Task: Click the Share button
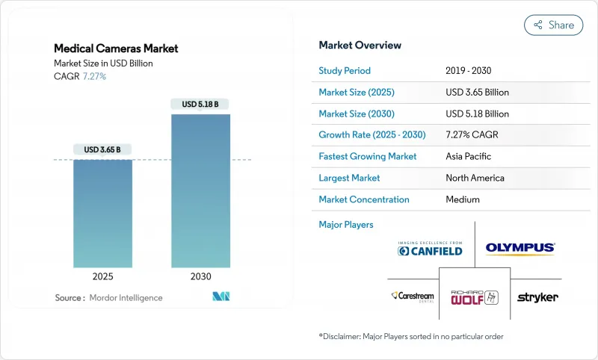click(x=553, y=25)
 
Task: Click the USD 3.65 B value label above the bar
click(x=102, y=149)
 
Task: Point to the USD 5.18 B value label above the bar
click(x=200, y=104)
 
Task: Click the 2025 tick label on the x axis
click(x=102, y=276)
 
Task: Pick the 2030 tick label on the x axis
click(x=200, y=276)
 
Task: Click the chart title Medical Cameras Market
click(x=116, y=49)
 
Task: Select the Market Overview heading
click(x=360, y=45)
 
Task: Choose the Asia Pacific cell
click(x=469, y=157)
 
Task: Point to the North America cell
click(x=474, y=178)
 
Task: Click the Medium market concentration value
click(x=462, y=199)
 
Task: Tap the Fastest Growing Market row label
click(x=367, y=157)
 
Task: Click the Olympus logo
click(x=520, y=248)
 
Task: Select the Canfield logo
click(x=430, y=249)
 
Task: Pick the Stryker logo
click(x=537, y=297)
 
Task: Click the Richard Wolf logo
click(x=473, y=297)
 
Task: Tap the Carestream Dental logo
click(x=413, y=297)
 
